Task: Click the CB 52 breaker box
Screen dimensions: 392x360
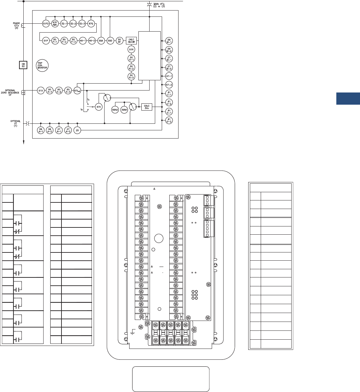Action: coord(23,65)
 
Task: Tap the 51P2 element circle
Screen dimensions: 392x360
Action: coord(45,23)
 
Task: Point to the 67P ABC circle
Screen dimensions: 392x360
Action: coord(55,23)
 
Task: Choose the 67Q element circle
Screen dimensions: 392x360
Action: coord(91,23)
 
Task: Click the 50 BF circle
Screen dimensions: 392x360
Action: coord(120,40)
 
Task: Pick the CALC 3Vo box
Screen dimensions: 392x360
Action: coord(147,107)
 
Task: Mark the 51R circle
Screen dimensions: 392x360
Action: coord(131,49)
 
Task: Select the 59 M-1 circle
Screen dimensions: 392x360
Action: coord(169,41)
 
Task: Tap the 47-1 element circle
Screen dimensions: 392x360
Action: coord(169,76)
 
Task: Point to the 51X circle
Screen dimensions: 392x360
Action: coord(40,90)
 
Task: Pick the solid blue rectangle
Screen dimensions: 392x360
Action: coord(348,99)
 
